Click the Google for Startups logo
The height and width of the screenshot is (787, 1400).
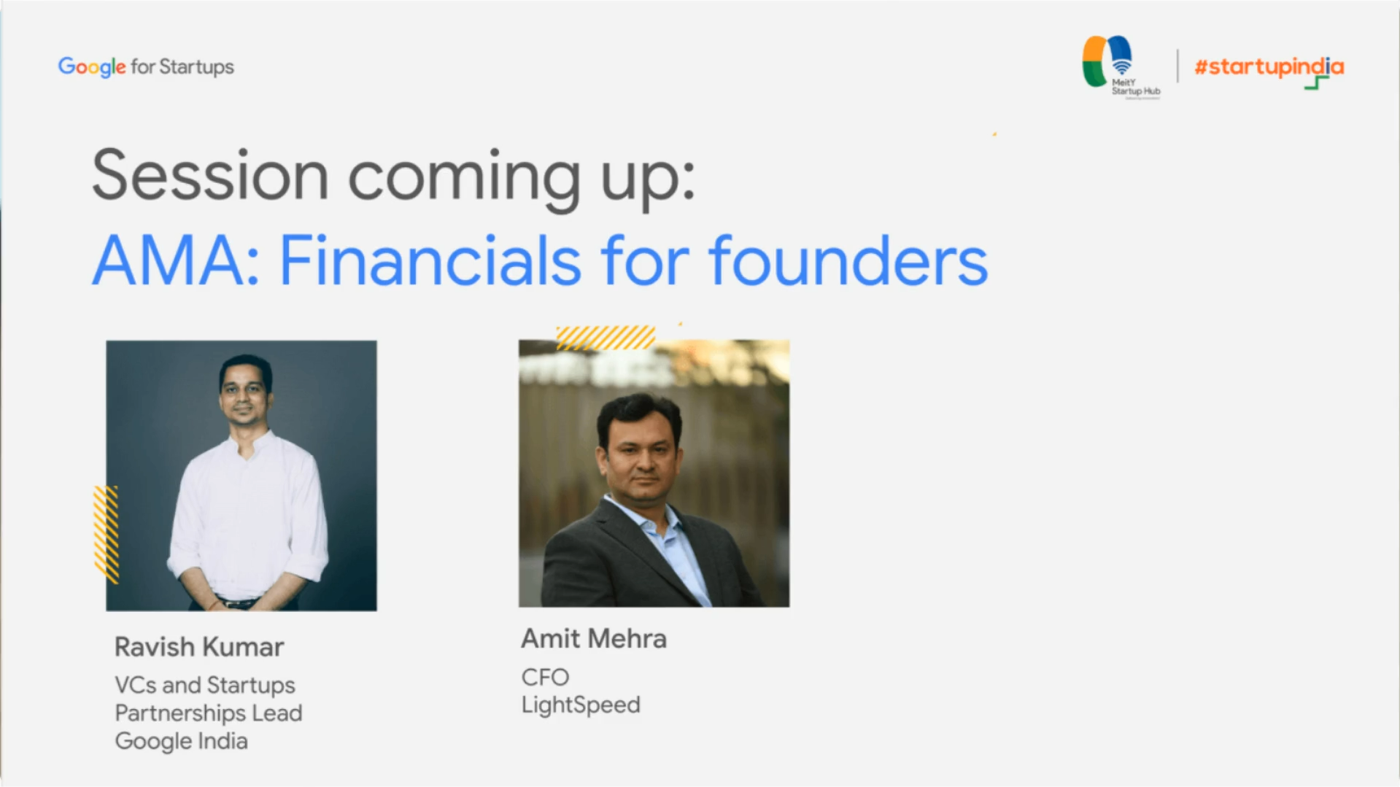click(x=146, y=67)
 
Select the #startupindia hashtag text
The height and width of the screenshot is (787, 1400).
click(x=1268, y=68)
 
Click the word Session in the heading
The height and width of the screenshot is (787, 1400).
click(x=210, y=177)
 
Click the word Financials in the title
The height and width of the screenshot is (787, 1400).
click(x=430, y=261)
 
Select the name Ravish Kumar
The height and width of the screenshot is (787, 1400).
click(x=199, y=647)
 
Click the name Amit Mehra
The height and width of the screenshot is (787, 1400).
click(x=593, y=639)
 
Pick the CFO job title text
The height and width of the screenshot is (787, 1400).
click(x=545, y=678)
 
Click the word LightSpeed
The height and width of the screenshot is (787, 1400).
click(x=581, y=705)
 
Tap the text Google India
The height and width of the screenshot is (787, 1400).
click(x=182, y=741)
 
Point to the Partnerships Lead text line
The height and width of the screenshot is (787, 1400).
click(x=209, y=713)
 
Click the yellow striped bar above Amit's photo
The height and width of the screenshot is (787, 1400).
click(x=606, y=338)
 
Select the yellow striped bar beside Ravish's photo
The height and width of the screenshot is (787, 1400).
click(x=106, y=534)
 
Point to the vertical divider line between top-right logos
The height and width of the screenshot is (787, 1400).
click(x=1177, y=66)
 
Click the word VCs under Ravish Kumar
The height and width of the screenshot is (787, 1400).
click(x=135, y=686)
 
